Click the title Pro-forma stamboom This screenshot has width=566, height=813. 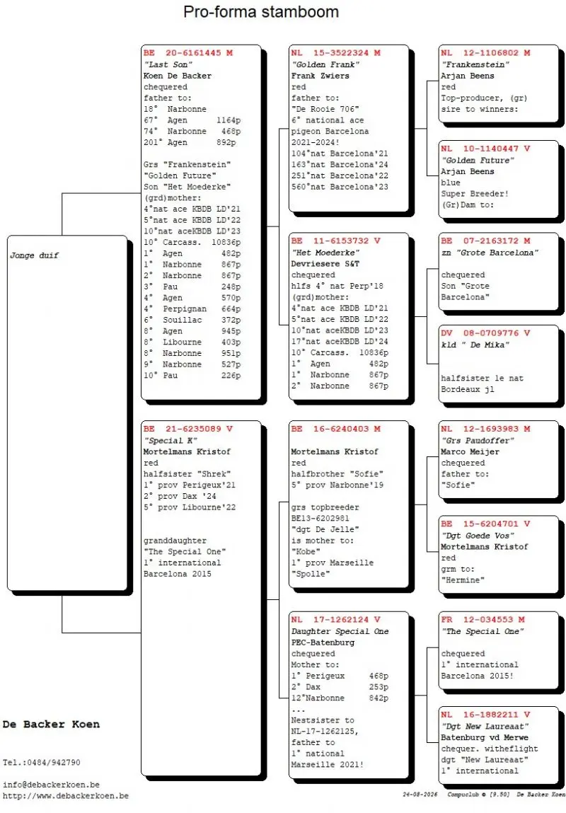261,12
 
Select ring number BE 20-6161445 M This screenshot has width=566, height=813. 188,53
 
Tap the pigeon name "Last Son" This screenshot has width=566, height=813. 168,64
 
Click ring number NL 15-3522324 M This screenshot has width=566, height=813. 336,53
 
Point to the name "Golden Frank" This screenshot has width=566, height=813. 325,64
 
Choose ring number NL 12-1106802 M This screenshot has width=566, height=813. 485,53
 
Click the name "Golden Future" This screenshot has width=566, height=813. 478,160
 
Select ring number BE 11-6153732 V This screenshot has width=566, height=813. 336,241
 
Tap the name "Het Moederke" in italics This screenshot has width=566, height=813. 325,253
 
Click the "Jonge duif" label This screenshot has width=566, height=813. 34,255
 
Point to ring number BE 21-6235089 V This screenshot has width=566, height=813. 188,429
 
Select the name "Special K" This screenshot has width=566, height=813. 171,441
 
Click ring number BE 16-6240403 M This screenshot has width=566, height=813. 336,429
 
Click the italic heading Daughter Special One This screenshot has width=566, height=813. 340,632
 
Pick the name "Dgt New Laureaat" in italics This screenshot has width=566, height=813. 485,727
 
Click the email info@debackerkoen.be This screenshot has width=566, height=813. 52,785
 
